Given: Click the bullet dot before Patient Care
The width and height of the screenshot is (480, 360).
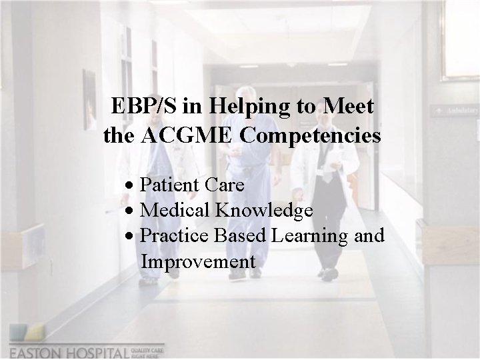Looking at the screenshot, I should (134, 184).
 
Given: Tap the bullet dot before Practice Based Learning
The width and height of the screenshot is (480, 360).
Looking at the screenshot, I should (134, 237).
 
